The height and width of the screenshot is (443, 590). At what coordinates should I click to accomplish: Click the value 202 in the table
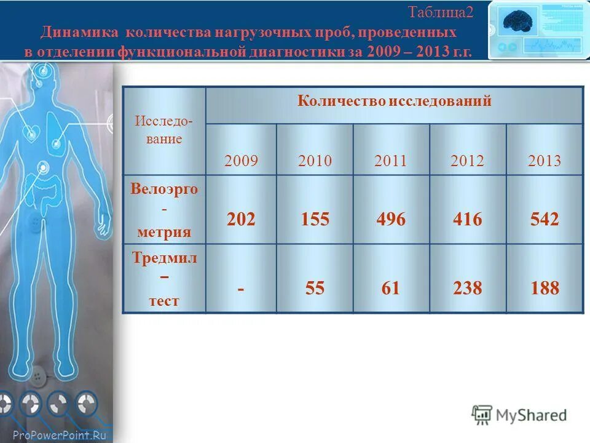pos(241,220)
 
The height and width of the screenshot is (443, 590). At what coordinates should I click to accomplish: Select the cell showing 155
pos(315,220)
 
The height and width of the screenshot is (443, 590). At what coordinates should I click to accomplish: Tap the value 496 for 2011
pos(390,220)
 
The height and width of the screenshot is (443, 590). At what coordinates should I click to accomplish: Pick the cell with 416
pos(467,220)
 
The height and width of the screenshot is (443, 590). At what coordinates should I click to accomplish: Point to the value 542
pos(544,220)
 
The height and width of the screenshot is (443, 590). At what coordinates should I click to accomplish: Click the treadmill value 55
pos(315,288)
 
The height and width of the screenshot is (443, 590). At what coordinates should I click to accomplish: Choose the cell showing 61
pos(390,288)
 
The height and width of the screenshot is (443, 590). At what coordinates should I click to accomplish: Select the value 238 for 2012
pos(467,288)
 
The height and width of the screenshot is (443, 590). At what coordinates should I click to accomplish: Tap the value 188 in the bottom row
pos(544,288)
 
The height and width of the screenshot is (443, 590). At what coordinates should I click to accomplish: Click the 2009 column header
pos(242,161)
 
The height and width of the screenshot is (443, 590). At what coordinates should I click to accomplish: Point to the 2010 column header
pos(315,161)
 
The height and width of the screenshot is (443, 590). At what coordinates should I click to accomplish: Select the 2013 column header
pos(545,161)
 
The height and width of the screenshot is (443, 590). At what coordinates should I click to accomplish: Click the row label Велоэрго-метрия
pos(164,210)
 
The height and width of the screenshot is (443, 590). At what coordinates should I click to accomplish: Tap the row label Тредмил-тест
pos(164,279)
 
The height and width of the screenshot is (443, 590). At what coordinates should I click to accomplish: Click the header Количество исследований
pos(395,102)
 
